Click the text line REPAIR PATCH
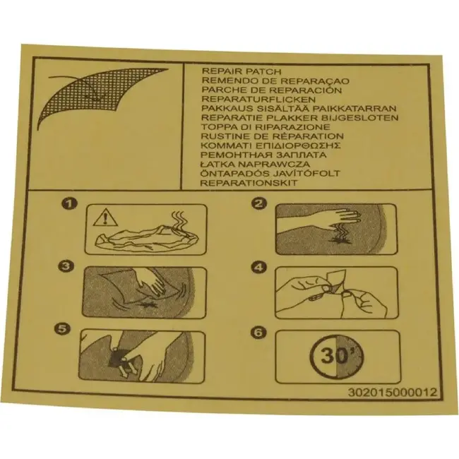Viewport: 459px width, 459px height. (242, 71)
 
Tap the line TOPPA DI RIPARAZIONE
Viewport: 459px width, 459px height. (266, 127)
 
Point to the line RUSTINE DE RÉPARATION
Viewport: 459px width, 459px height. (273, 136)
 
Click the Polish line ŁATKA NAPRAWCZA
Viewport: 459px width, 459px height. (255, 165)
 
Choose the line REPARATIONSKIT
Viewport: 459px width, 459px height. (249, 183)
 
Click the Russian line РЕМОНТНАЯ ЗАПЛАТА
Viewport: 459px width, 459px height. (263, 155)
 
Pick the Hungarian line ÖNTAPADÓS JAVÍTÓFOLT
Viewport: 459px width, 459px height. (270, 173)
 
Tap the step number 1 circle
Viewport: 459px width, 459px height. (69, 204)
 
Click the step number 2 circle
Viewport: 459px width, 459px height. (259, 203)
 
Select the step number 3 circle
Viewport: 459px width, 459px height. (66, 266)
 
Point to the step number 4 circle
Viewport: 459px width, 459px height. (259, 267)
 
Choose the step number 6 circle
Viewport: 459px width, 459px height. (258, 332)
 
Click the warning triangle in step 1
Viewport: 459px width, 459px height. (105, 219)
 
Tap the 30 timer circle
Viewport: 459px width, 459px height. (336, 356)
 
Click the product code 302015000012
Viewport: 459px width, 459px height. (392, 392)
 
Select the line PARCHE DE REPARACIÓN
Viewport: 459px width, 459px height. (272, 90)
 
